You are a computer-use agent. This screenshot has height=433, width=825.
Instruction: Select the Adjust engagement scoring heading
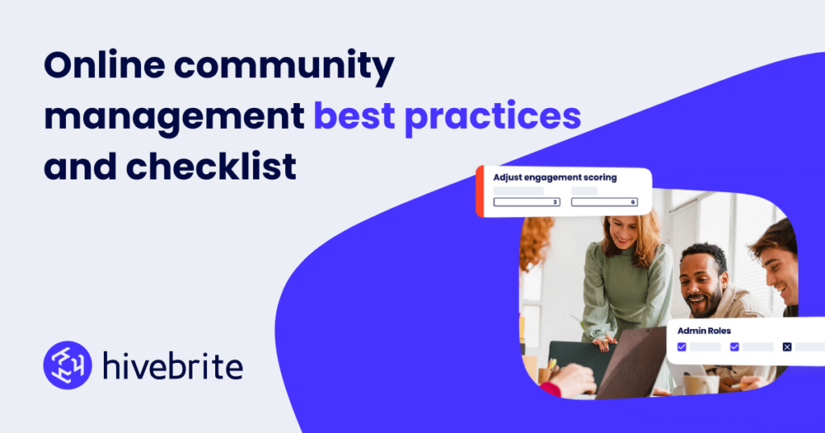click(555, 177)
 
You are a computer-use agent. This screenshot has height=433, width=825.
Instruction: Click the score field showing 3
click(527, 202)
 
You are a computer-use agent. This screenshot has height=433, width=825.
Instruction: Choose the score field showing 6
click(604, 202)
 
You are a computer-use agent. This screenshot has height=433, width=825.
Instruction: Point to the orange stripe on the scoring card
click(479, 192)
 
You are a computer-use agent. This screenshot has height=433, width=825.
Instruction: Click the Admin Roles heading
click(704, 330)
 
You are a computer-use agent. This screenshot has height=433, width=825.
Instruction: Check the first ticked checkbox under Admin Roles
click(682, 347)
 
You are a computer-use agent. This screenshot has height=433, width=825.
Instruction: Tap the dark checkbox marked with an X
click(787, 347)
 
